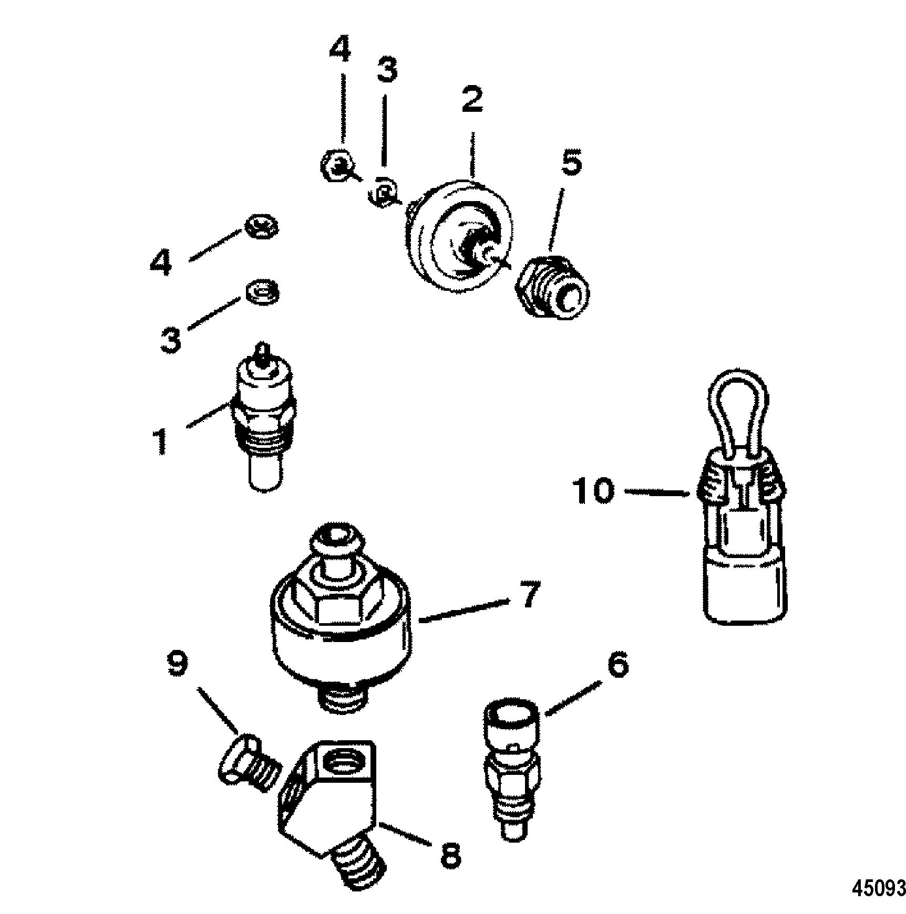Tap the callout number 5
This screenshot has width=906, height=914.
(x=572, y=164)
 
